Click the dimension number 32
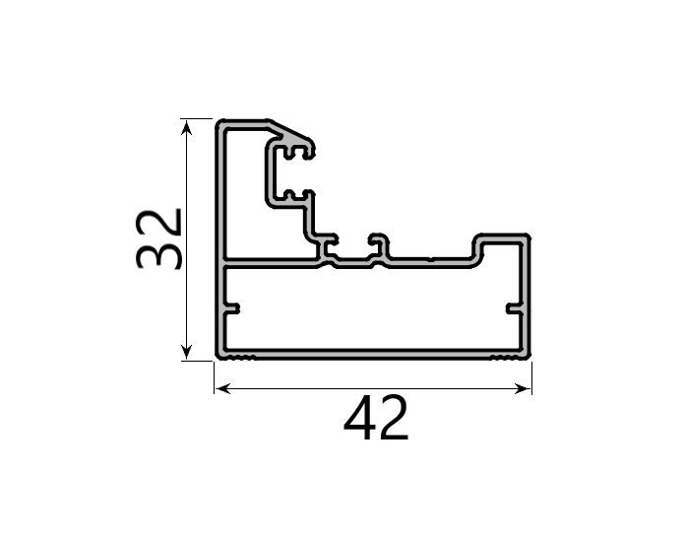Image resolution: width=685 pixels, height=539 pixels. pos(158,238)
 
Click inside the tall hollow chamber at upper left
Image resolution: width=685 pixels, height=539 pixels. pos(246,197)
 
